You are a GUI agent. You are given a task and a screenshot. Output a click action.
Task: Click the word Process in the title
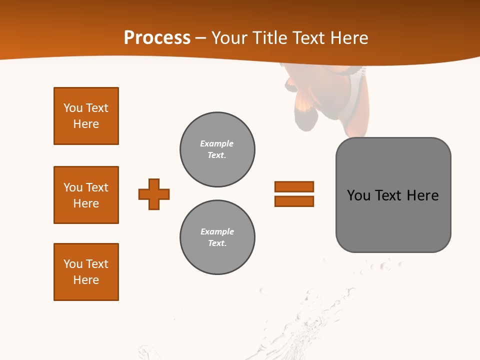tap(157, 38)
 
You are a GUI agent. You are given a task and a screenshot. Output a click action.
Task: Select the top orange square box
tap(86, 116)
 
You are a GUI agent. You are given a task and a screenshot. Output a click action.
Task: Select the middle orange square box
tap(86, 195)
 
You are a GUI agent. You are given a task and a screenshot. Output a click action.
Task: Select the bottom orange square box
tap(86, 272)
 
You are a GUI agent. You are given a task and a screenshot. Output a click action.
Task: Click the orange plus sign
tap(154, 194)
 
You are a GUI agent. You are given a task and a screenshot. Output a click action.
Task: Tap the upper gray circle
tap(217, 149)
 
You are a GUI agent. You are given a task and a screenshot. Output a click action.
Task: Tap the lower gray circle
tap(217, 237)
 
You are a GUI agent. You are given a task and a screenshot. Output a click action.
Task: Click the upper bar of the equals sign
tap(294, 186)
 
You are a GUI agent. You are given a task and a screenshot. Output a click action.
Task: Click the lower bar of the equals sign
tap(294, 201)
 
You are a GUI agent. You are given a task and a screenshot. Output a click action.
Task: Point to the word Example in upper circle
tap(217, 143)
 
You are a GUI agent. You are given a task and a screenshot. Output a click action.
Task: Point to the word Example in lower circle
tap(217, 231)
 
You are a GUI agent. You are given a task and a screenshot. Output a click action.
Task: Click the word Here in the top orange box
tap(86, 124)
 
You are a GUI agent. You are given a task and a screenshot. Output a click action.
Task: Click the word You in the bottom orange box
tap(73, 264)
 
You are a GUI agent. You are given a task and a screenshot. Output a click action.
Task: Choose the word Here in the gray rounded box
tap(422, 195)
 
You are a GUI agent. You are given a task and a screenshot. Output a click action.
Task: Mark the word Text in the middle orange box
tap(97, 187)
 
